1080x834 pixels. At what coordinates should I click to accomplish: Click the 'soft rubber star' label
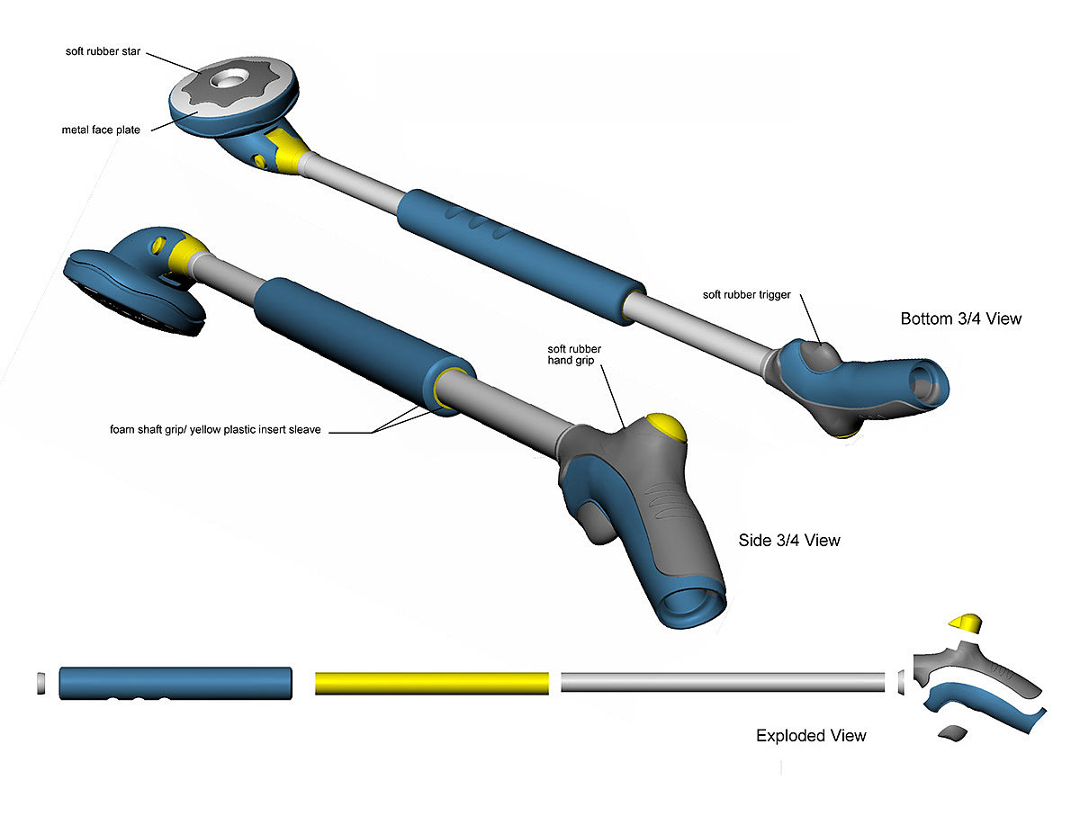[x=103, y=50]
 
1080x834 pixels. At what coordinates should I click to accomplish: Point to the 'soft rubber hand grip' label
[x=574, y=354]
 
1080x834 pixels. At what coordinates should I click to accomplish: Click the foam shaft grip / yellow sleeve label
[x=215, y=430]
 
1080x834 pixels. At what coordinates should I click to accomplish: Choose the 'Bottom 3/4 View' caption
[x=961, y=318]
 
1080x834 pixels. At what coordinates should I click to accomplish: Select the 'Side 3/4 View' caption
[x=788, y=540]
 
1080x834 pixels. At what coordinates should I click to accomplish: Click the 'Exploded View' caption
[x=811, y=736]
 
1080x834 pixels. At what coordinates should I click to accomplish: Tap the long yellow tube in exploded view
[x=431, y=683]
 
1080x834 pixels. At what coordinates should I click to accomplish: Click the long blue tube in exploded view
[x=176, y=682]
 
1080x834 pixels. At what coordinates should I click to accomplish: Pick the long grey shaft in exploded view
[x=723, y=682]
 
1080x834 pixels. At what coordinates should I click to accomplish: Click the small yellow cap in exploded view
[x=967, y=623]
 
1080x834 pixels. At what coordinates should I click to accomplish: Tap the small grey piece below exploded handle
[x=953, y=733]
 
